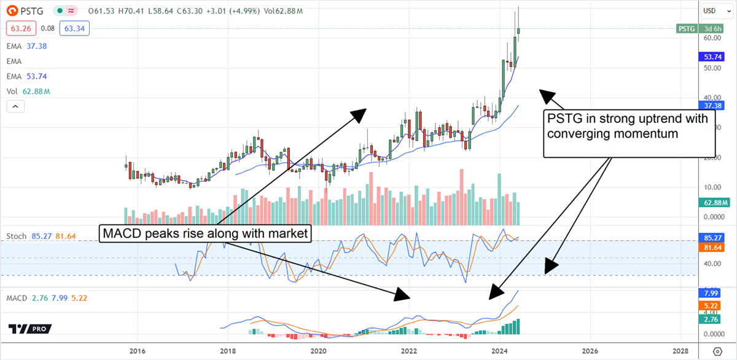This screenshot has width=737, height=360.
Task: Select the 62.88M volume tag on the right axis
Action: pyautogui.click(x=716, y=203)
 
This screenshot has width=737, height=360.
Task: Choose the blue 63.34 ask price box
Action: pyautogui.click(x=68, y=28)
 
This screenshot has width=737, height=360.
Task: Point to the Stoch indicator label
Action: pyautogui.click(x=16, y=236)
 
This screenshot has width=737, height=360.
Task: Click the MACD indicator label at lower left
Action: pyautogui.click(x=17, y=298)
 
